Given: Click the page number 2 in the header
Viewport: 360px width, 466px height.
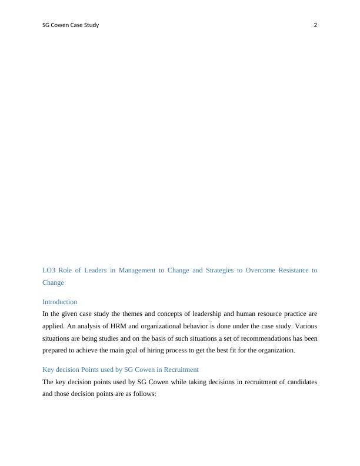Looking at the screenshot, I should pyautogui.click(x=315, y=25).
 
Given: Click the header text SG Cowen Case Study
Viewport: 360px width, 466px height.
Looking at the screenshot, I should pyautogui.click(x=71, y=25).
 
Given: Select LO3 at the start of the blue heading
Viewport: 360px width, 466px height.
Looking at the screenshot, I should pyautogui.click(x=49, y=271).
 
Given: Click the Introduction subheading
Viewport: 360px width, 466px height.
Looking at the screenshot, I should pyautogui.click(x=59, y=302).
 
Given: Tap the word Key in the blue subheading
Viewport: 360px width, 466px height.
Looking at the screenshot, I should pyautogui.click(x=48, y=370).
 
